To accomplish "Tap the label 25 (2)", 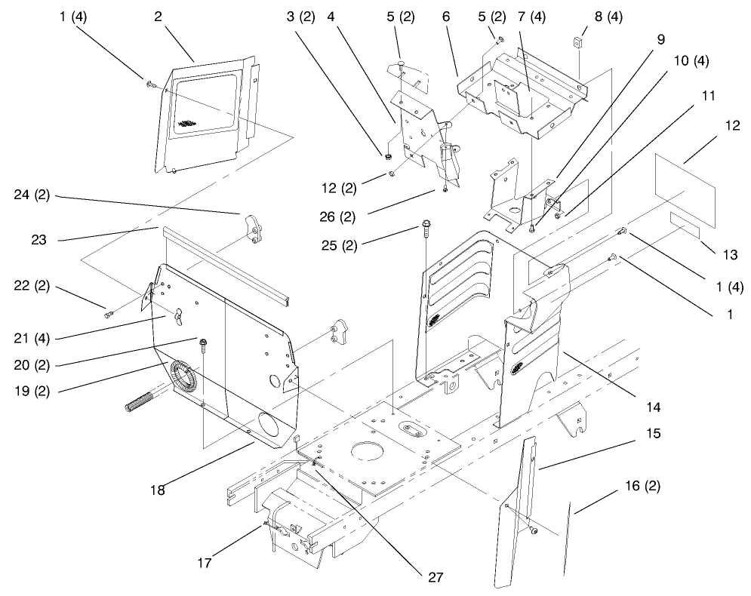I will click(380, 244).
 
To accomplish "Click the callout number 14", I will click(652, 407).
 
